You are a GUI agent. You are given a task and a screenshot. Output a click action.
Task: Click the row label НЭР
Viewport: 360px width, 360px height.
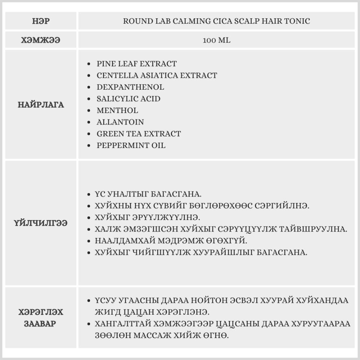[x=41, y=21]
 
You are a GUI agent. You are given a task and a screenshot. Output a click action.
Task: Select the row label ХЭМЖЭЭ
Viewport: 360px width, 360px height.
[x=41, y=40]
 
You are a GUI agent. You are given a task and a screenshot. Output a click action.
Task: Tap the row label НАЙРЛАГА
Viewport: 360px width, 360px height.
[x=41, y=105]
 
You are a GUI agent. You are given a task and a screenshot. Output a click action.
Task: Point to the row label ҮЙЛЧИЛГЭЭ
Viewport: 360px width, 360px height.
[x=41, y=223]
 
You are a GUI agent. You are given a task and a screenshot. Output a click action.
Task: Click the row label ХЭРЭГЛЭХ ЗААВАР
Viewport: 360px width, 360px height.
[x=41, y=318]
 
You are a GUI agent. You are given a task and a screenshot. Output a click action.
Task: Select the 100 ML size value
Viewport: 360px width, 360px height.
[x=216, y=40]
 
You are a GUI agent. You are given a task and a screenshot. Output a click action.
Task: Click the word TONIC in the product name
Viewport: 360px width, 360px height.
[x=297, y=21]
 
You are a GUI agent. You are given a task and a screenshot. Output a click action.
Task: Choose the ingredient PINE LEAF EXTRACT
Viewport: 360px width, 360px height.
[x=136, y=64]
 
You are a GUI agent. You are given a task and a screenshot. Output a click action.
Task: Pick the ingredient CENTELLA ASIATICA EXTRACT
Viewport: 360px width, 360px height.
[x=157, y=76]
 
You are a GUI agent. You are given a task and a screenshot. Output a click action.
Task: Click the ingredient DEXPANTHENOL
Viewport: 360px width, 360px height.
[x=130, y=87]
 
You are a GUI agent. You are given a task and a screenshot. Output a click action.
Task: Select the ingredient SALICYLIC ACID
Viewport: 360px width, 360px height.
[x=129, y=99]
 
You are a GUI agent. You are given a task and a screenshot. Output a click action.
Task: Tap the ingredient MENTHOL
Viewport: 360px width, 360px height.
[x=117, y=110]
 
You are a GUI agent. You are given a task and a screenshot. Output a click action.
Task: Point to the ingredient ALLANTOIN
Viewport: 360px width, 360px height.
[x=120, y=122]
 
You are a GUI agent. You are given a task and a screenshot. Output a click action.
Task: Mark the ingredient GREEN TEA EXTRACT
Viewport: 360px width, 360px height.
[x=139, y=134]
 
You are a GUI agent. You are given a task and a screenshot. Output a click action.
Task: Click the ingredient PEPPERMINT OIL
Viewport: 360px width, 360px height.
[x=131, y=145]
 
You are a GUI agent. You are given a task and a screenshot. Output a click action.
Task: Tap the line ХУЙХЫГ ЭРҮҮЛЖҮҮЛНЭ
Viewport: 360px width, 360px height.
[x=147, y=218]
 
